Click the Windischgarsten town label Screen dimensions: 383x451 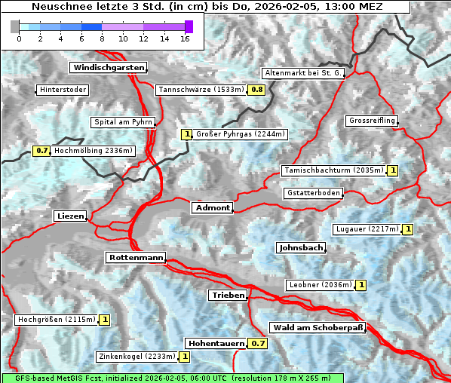(x=108, y=68)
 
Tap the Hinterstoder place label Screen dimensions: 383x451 (x=63, y=90)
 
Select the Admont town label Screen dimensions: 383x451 (x=212, y=208)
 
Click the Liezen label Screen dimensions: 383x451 (x=70, y=216)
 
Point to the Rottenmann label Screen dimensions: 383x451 (x=136, y=258)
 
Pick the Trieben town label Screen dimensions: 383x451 (x=228, y=296)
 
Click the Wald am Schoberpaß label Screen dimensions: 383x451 (x=318, y=328)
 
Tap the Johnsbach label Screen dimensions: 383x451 (x=301, y=248)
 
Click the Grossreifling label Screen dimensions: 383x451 (x=371, y=121)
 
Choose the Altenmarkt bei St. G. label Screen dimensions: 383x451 (x=303, y=73)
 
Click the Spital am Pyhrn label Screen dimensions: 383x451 (x=123, y=122)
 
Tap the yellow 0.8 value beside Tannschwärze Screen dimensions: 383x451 (x=257, y=90)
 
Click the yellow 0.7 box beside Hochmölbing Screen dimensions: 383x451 (x=42, y=151)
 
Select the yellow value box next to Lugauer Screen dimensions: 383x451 (x=408, y=229)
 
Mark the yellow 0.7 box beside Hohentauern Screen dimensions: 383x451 (x=258, y=344)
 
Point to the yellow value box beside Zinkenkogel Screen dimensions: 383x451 (x=185, y=357)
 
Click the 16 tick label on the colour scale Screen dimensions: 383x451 (x=185, y=38)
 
